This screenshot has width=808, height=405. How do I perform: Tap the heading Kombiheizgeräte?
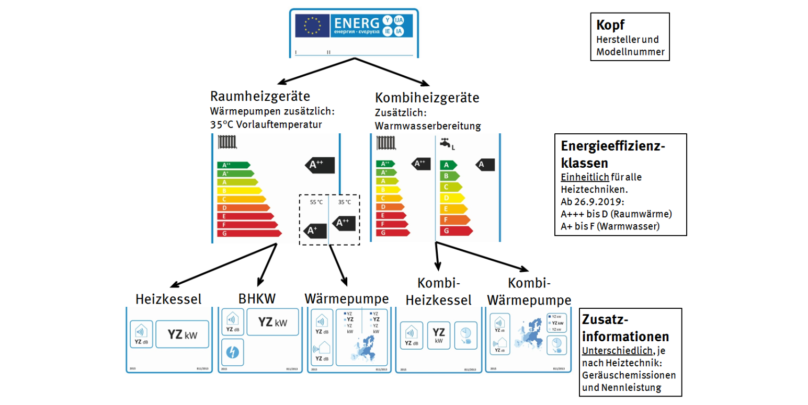427,98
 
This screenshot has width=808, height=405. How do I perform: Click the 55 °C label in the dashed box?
316,202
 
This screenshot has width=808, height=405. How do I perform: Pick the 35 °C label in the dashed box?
345,202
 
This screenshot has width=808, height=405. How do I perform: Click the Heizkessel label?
168,299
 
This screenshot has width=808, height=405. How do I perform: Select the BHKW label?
257,298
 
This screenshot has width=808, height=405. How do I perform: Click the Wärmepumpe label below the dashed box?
346,298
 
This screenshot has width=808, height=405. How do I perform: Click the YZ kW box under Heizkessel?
182,334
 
